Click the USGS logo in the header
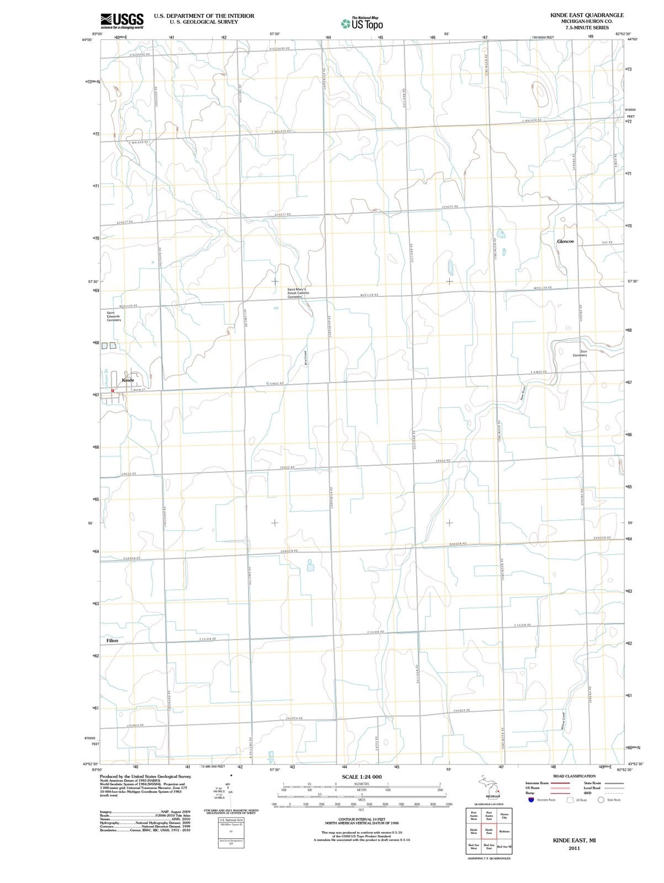(x=122, y=20)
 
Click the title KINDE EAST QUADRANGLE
(x=587, y=15)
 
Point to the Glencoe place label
(x=565, y=242)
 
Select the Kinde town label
(x=128, y=380)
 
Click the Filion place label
(x=112, y=641)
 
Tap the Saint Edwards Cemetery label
(x=114, y=316)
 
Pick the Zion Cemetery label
(x=580, y=353)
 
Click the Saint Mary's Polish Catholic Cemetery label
(x=298, y=292)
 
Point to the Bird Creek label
(x=306, y=357)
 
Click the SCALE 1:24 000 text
(x=362, y=777)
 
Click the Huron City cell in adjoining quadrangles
(x=504, y=816)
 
